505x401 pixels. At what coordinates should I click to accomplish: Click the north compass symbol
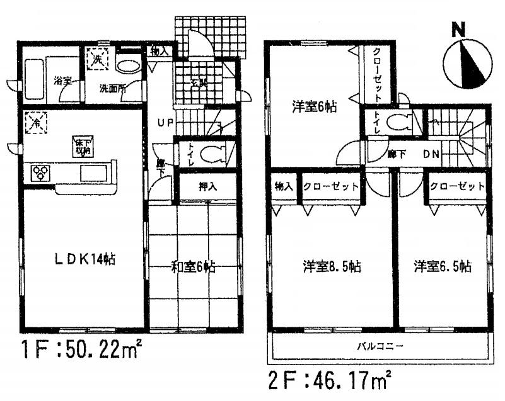(466, 60)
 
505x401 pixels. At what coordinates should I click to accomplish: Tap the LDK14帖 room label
(83, 258)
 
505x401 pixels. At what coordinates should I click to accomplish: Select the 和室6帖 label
(194, 267)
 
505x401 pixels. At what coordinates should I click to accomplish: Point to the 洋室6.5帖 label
(443, 266)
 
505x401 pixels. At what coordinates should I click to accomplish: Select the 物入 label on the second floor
(283, 187)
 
